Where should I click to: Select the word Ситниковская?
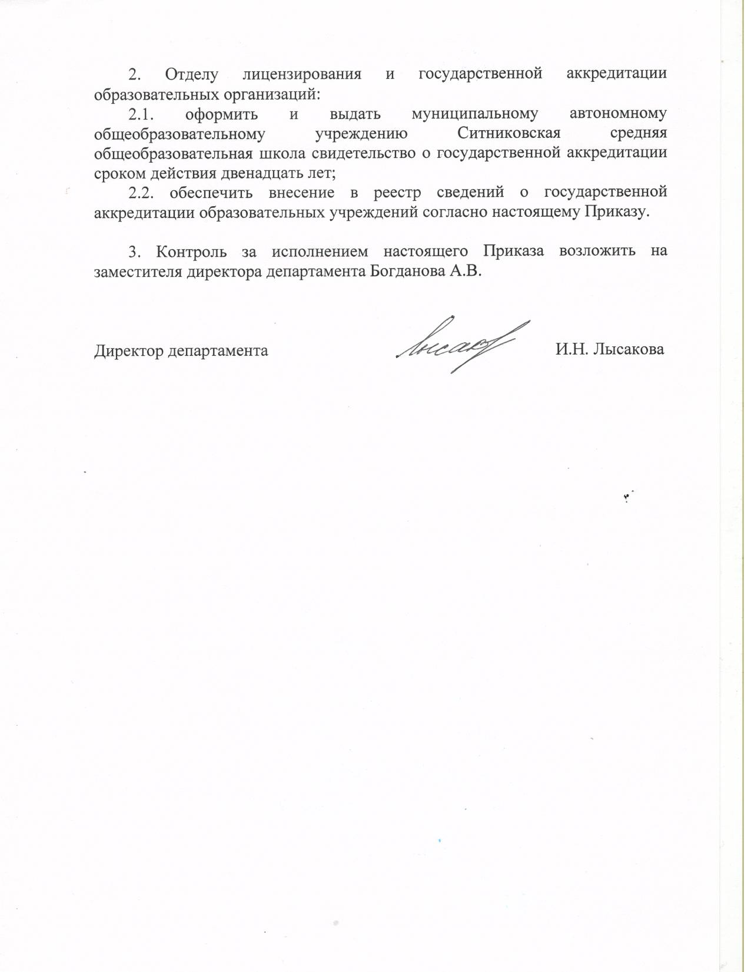(x=509, y=133)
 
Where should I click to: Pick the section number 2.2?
(x=145, y=192)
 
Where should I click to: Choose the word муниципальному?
(x=475, y=113)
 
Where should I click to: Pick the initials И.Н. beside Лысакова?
(x=571, y=349)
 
